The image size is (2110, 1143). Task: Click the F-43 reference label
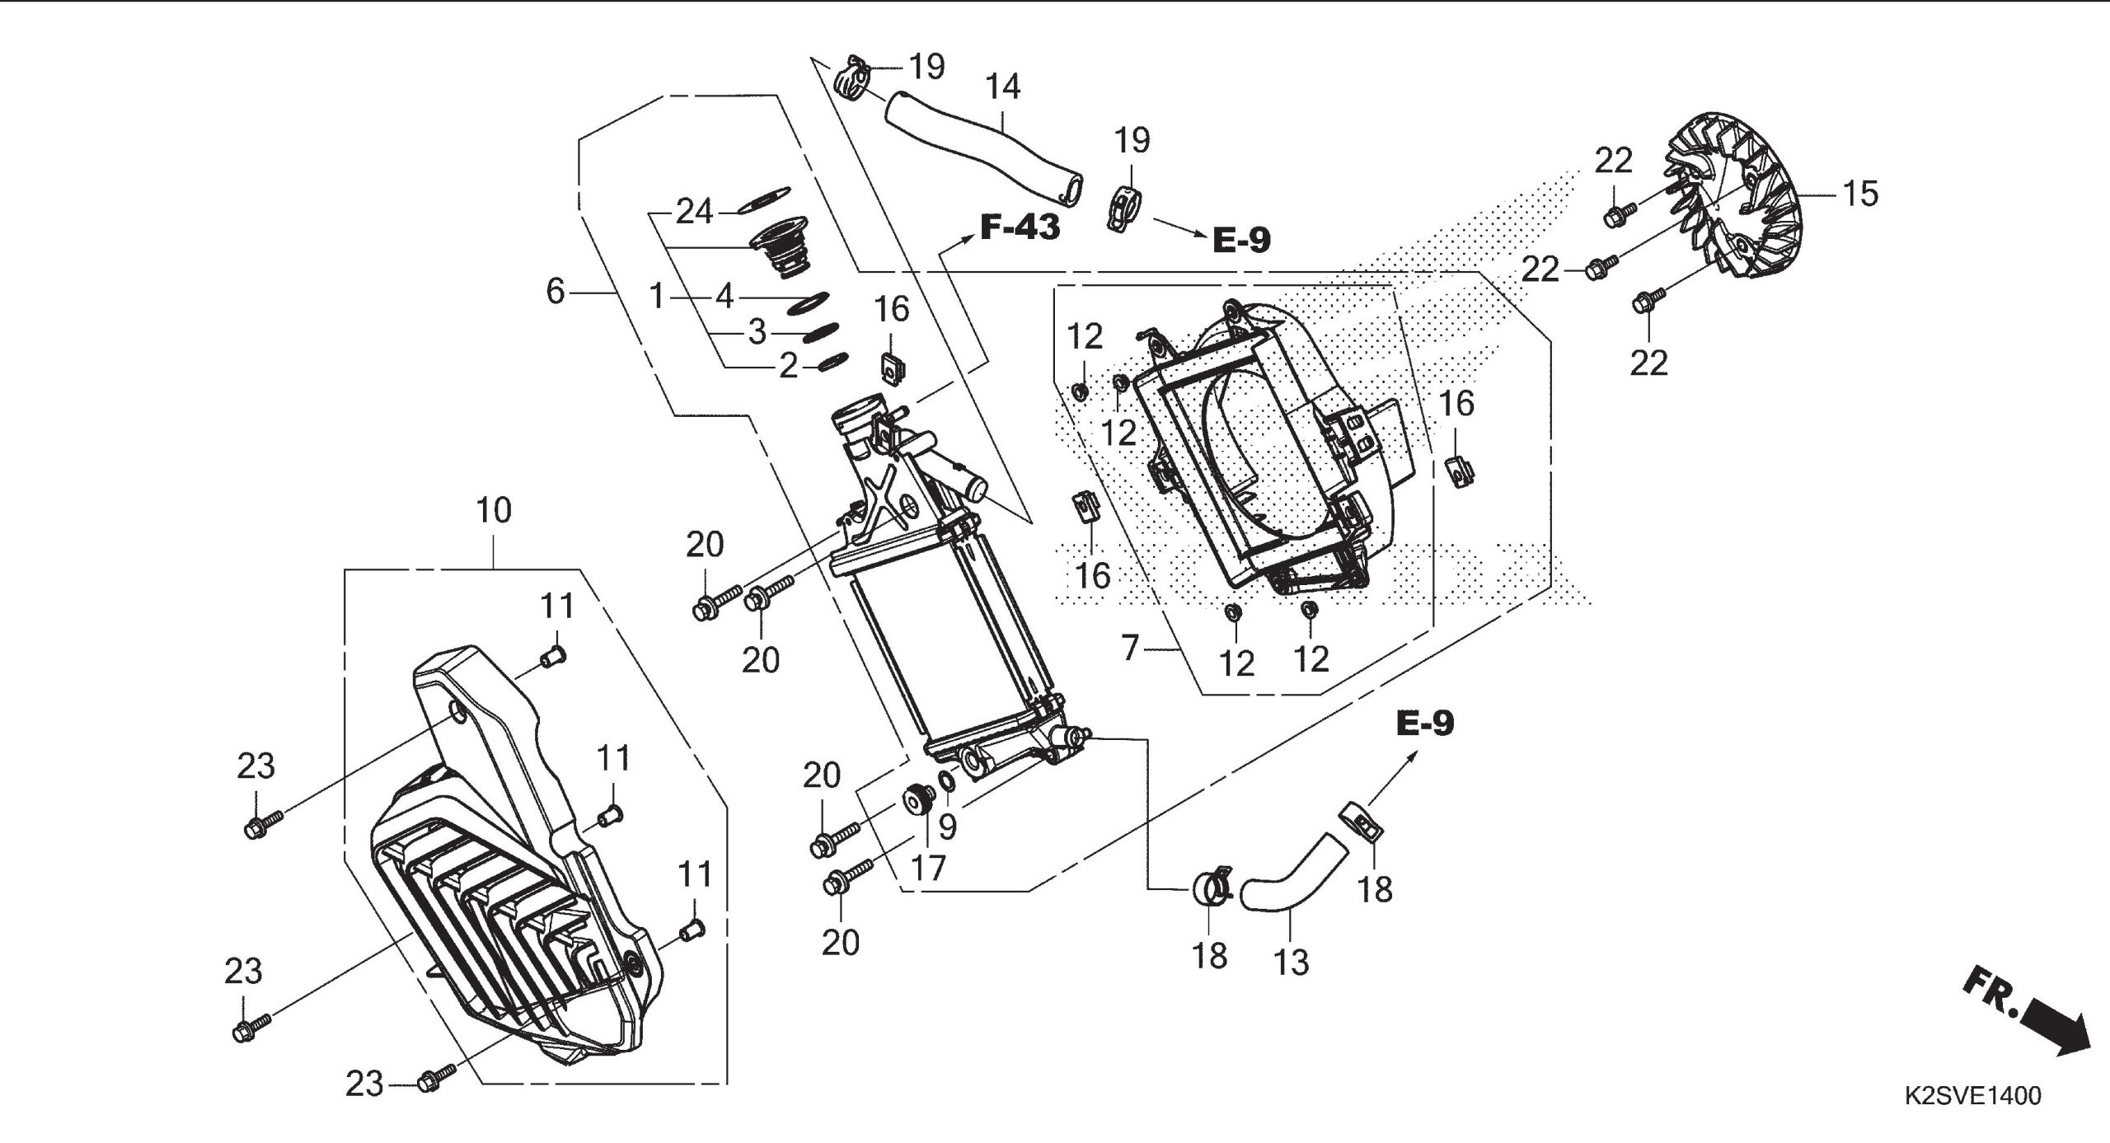coord(1020,227)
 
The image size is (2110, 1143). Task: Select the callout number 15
coord(1859,194)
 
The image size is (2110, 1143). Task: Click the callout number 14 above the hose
coord(1003,87)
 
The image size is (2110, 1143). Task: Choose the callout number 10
coord(494,511)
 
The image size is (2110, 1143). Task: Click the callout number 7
coord(1130,649)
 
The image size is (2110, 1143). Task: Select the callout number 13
coord(1291,962)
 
